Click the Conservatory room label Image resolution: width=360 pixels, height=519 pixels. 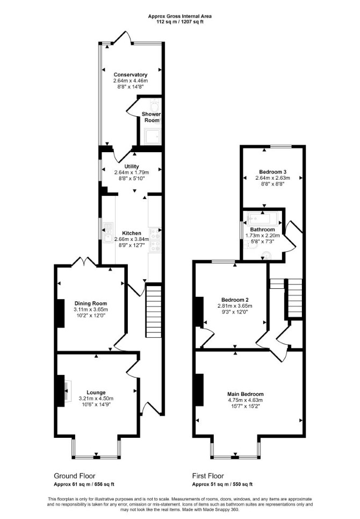(x=130, y=75)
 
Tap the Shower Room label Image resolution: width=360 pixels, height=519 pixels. (x=152, y=117)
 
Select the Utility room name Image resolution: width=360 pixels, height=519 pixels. (x=132, y=167)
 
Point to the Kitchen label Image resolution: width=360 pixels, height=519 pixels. (x=132, y=233)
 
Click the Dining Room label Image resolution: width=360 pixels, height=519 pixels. (x=91, y=303)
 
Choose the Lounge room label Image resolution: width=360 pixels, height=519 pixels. (x=96, y=393)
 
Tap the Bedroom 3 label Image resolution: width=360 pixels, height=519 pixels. (x=273, y=172)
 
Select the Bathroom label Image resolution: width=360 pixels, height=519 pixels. (x=263, y=230)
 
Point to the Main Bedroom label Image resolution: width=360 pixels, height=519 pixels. (x=246, y=394)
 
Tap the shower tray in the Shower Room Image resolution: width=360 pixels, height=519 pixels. (x=152, y=137)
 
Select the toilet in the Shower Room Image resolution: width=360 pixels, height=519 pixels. (x=155, y=106)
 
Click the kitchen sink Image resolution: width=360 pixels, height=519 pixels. (x=108, y=233)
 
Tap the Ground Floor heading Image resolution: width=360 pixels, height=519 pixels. (x=74, y=476)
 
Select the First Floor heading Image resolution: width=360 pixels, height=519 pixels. (x=208, y=476)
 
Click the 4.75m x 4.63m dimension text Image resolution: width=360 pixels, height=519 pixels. (x=246, y=400)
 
